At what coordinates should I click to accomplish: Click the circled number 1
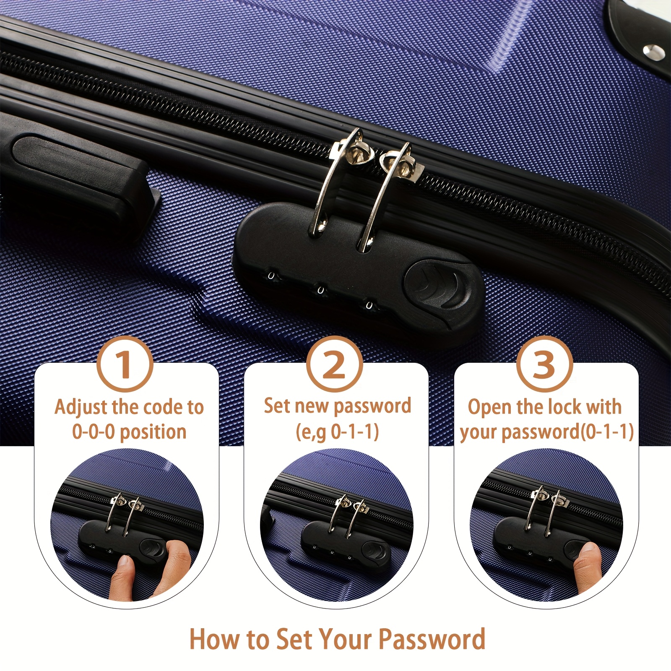click(125, 364)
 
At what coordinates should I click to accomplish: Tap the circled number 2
click(334, 364)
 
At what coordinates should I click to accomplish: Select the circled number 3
click(544, 364)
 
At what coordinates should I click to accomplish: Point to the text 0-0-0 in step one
click(93, 432)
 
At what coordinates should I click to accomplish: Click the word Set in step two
click(277, 406)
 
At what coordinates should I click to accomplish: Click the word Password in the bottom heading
click(432, 639)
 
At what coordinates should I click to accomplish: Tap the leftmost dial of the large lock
click(271, 276)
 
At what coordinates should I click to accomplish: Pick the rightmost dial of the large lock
click(369, 304)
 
